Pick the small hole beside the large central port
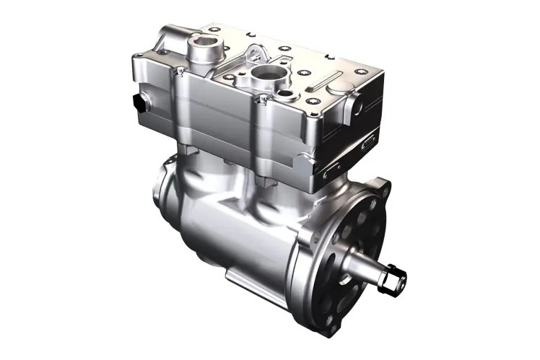(285, 93)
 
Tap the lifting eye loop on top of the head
(255, 52)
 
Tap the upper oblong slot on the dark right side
(368, 141)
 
